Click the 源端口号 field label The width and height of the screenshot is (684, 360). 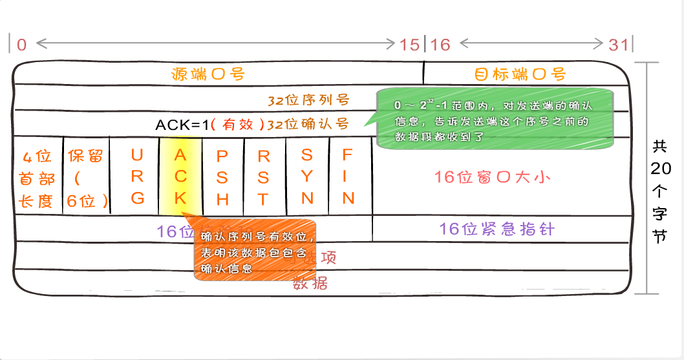pyautogui.click(x=208, y=74)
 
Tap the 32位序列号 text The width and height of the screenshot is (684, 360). pyautogui.click(x=308, y=100)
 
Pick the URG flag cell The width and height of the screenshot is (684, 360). pyautogui.click(x=137, y=176)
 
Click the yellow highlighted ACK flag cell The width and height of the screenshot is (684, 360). pyautogui.click(x=180, y=176)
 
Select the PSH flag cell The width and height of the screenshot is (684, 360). pyautogui.click(x=222, y=176)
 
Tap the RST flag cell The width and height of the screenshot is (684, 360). pyautogui.click(x=264, y=176)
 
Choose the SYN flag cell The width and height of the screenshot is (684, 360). pyautogui.click(x=307, y=176)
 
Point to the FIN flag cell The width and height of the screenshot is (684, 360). pyautogui.click(x=348, y=176)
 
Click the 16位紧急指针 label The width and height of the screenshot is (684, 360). pyautogui.click(x=497, y=229)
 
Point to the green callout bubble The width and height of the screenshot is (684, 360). pyautogui.click(x=494, y=117)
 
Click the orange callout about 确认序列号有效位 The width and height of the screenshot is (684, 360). pyautogui.click(x=257, y=252)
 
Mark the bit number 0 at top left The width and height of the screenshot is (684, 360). pyautogui.click(x=22, y=45)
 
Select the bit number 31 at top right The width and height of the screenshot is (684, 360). pyautogui.click(x=619, y=45)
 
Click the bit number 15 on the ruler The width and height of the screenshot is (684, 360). pyautogui.click(x=409, y=45)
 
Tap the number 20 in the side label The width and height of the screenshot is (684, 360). pyautogui.click(x=660, y=169)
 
